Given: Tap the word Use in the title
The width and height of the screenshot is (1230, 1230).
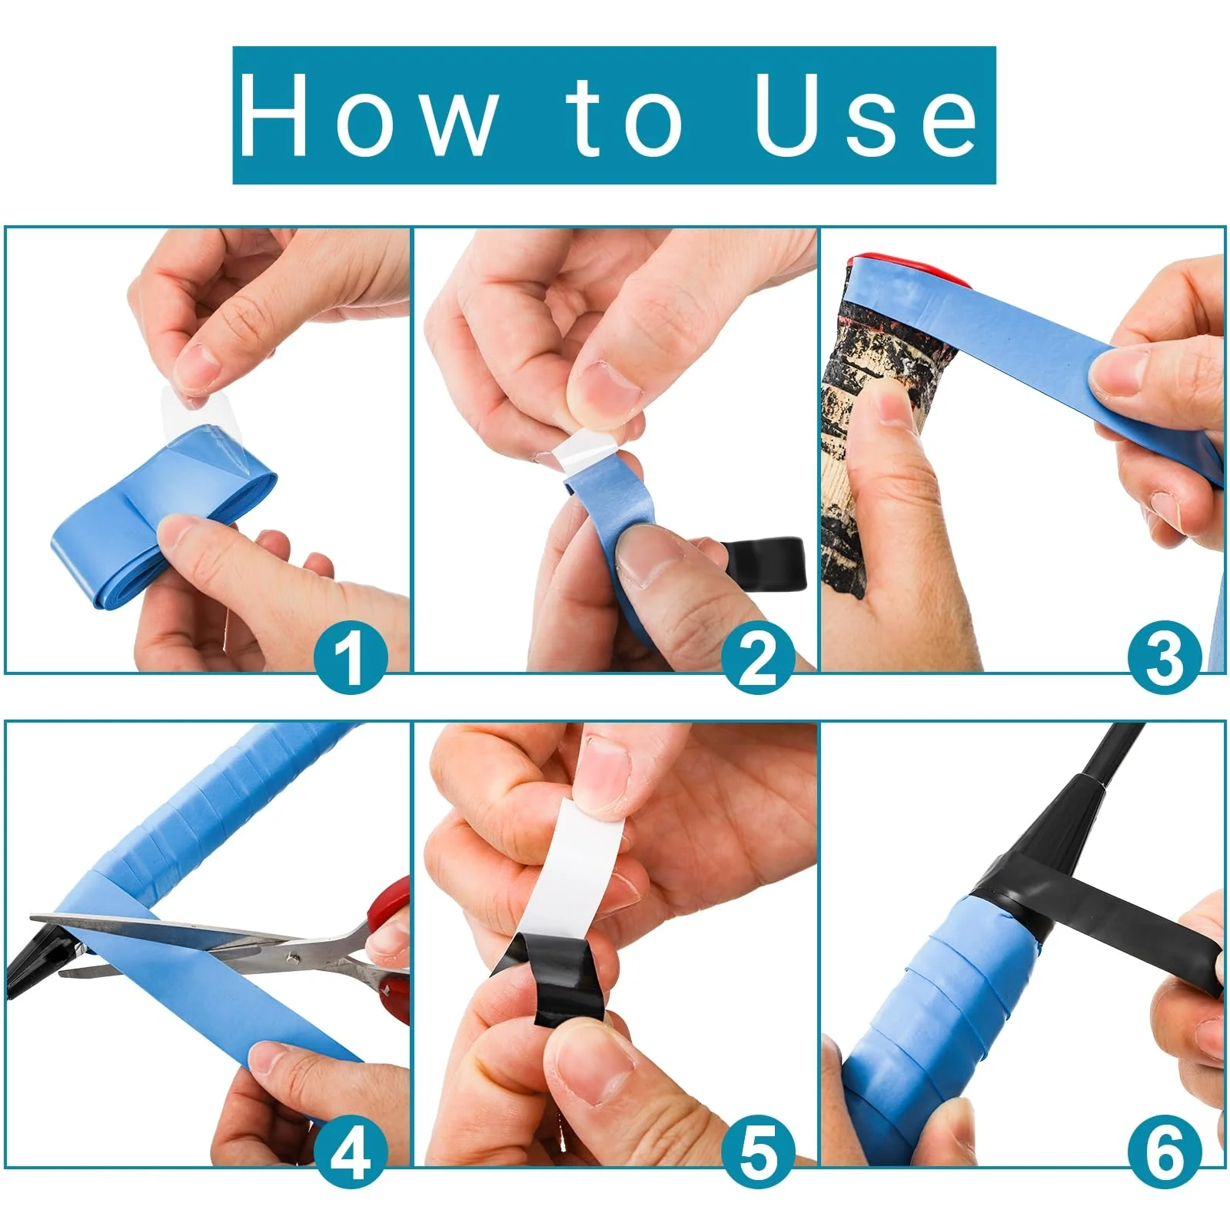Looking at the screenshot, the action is pyautogui.click(x=866, y=115).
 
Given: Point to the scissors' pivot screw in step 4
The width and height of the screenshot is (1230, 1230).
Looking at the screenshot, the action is pyautogui.click(x=292, y=959).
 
